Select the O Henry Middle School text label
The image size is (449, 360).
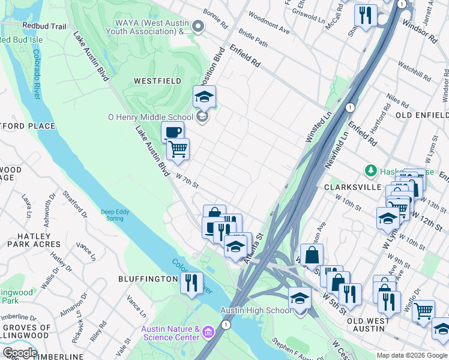pos(150,118)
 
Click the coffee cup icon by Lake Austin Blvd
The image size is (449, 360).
pos(172,132)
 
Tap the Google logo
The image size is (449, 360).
pos(19,353)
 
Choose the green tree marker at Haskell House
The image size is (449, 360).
pos(372,171)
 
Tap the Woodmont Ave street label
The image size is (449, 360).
pos(268,25)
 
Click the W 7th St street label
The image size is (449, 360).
pos(187,181)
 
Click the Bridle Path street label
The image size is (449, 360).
pos(253,40)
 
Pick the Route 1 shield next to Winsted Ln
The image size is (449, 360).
pos(349,107)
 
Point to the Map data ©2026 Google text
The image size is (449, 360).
pos(412,355)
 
